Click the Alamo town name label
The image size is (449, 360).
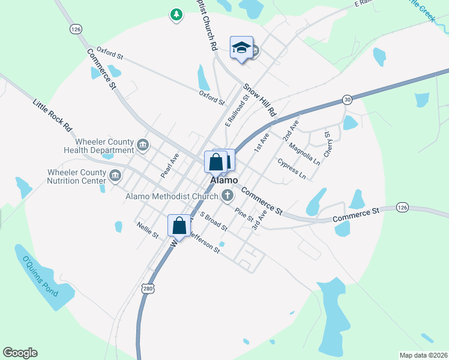pyautogui.click(x=224, y=180)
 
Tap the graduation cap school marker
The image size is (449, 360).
pyautogui.click(x=241, y=48)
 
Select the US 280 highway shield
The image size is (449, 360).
pyautogui.click(x=148, y=289)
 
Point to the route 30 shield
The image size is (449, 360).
pyautogui.click(x=347, y=99)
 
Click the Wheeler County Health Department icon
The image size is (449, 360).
pyautogui.click(x=143, y=145)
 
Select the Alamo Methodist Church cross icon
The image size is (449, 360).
pyautogui.click(x=228, y=195)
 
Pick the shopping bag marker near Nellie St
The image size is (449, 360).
pyautogui.click(x=179, y=226)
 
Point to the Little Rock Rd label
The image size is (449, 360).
pyautogui.click(x=53, y=115)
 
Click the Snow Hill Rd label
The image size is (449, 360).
pyautogui.click(x=260, y=100)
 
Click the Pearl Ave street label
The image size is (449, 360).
pyautogui.click(x=170, y=165)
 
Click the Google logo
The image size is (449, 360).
pyautogui.click(x=20, y=353)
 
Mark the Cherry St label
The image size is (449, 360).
pyautogui.click(x=328, y=144)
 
